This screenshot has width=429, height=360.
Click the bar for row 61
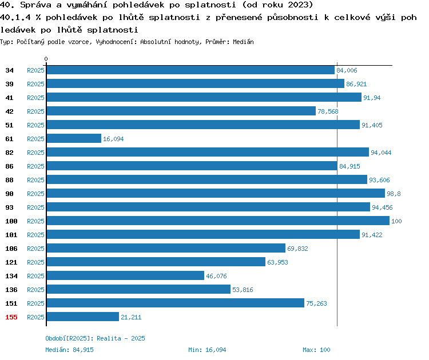(74, 138)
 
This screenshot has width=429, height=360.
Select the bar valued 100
(218, 221)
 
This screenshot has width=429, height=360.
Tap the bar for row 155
(83, 317)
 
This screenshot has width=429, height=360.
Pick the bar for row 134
(126, 275)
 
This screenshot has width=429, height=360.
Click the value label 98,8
(394, 194)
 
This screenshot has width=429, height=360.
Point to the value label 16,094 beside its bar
(113, 139)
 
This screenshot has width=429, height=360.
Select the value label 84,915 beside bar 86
(349, 166)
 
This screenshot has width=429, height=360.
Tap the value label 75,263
(316, 303)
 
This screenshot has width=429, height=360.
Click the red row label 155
(11, 317)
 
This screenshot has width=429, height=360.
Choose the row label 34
(9, 70)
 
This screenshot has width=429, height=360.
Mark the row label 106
(11, 249)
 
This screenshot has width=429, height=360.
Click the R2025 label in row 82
(35, 153)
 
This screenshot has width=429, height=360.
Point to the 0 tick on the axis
(46, 59)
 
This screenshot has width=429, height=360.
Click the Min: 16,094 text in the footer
(207, 350)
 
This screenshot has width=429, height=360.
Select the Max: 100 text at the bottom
(316, 350)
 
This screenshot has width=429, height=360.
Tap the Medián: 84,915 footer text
(69, 350)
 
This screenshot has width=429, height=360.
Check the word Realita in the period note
(109, 338)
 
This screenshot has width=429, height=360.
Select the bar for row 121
(156, 262)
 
